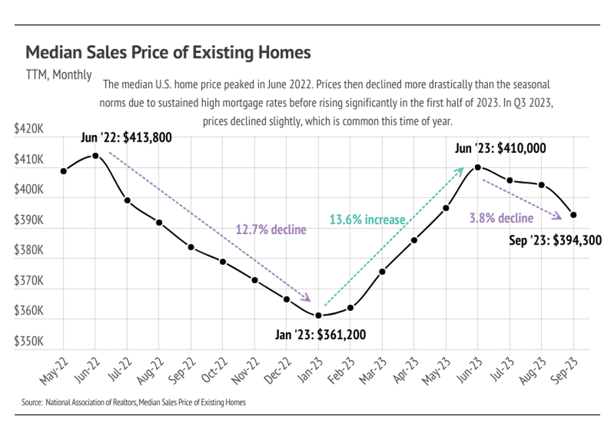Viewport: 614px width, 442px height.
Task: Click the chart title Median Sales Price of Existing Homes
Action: pos(168,52)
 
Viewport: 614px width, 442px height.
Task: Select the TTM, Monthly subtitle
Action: pos(59,75)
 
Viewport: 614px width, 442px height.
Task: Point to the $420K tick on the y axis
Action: pos(29,130)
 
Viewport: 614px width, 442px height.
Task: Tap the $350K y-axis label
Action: pos(29,342)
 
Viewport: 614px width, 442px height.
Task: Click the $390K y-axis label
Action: pos(29,220)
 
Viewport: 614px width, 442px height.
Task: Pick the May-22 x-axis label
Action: pos(54,371)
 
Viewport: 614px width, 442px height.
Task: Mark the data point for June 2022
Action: pos(95,155)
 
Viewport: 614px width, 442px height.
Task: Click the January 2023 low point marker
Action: pos(318,315)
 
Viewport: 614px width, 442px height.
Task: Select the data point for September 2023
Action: pos(573,214)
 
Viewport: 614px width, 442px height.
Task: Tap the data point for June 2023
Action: pos(478,167)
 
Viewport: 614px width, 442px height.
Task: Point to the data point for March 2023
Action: pos(382,271)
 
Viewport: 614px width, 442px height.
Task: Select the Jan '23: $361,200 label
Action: pos(320,335)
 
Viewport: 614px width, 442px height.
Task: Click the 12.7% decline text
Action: pos(271,230)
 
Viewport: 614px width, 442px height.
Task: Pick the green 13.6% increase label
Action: pos(367,220)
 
